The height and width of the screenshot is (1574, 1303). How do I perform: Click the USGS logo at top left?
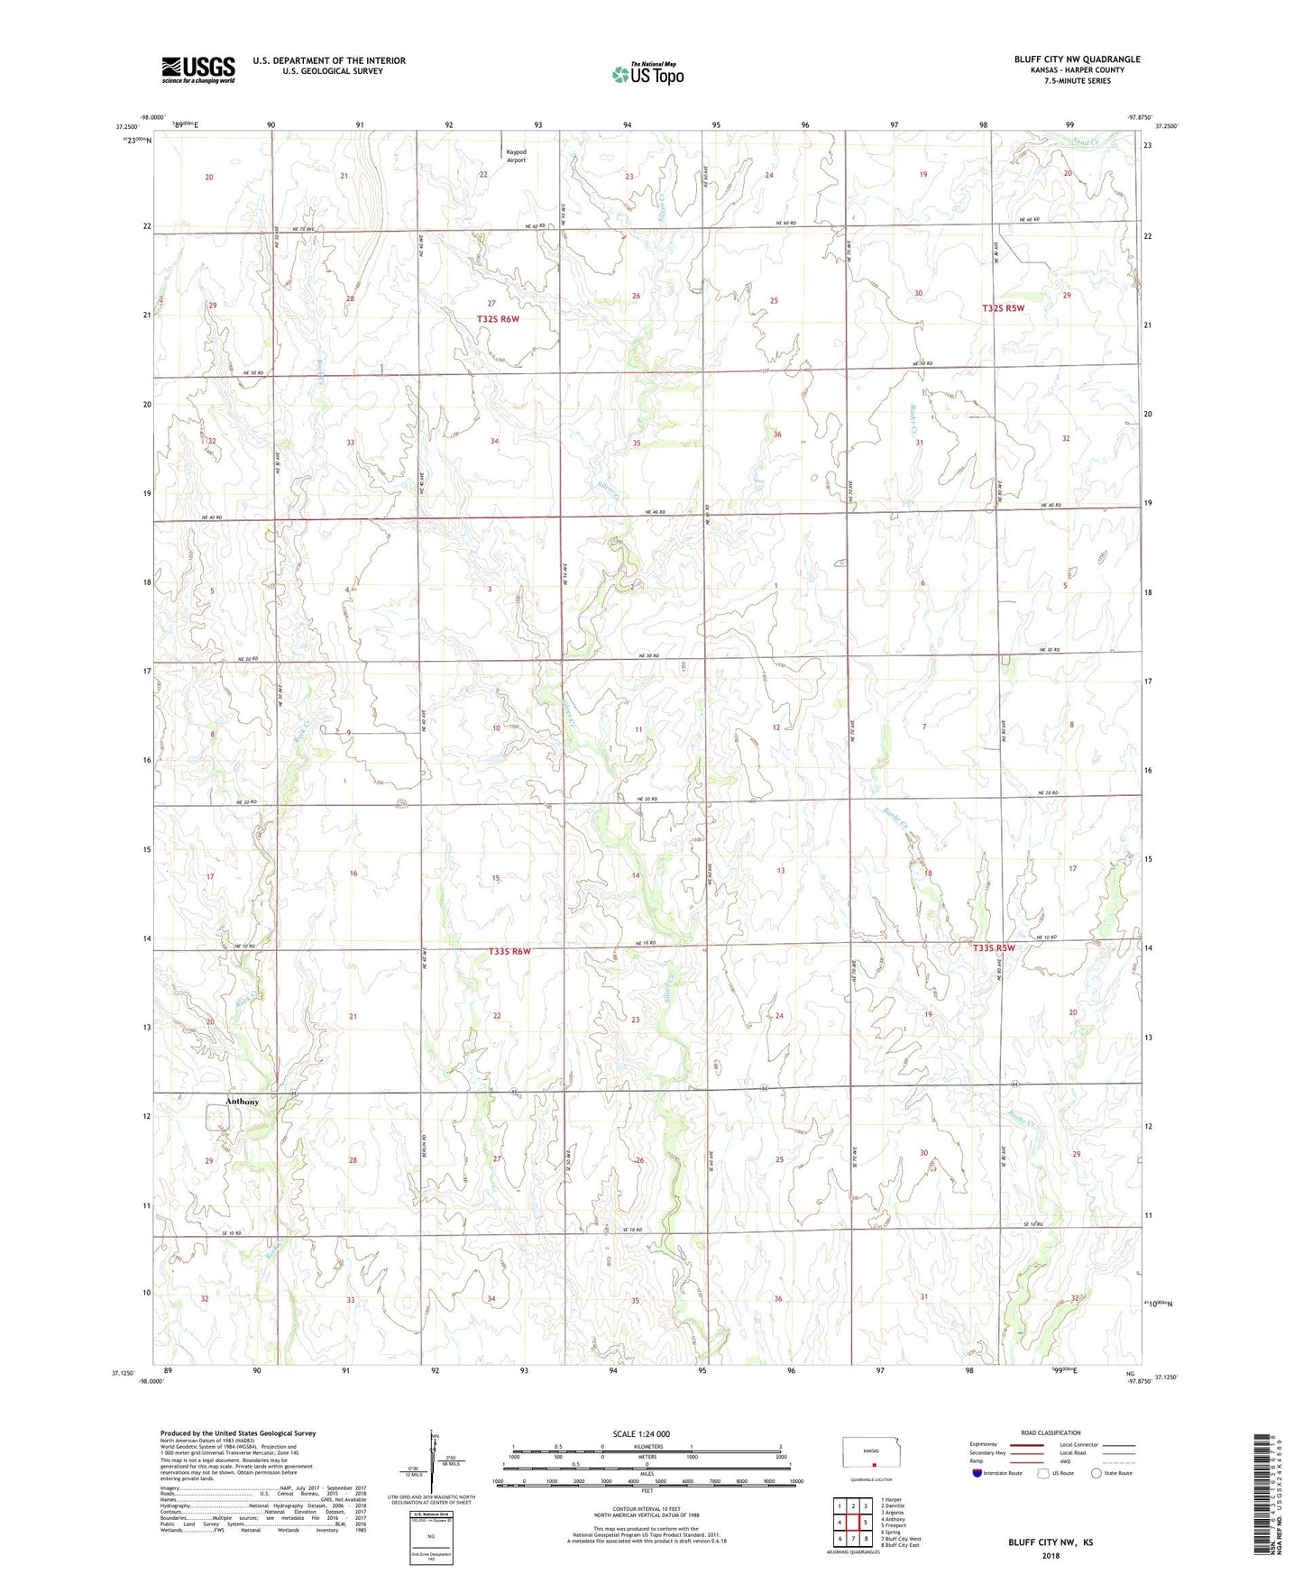[x=198, y=69]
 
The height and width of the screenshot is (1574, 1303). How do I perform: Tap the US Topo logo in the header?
[x=647, y=74]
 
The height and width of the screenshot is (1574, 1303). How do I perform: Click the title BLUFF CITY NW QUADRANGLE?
[x=1077, y=59]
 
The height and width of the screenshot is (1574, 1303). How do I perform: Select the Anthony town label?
[x=242, y=1102]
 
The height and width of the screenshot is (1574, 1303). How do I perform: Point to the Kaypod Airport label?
[x=516, y=156]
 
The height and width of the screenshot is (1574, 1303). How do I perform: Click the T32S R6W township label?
[x=498, y=318]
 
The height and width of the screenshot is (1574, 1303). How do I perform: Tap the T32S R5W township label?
[x=1003, y=308]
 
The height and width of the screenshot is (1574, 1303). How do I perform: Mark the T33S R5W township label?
[x=994, y=947]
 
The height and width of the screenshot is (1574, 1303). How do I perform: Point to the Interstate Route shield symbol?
[x=978, y=1474]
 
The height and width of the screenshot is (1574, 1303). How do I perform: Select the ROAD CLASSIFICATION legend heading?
[x=1051, y=1432]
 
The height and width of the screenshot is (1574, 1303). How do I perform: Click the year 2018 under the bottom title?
[x=1051, y=1555]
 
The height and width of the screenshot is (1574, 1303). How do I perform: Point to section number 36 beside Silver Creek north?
[x=777, y=435]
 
